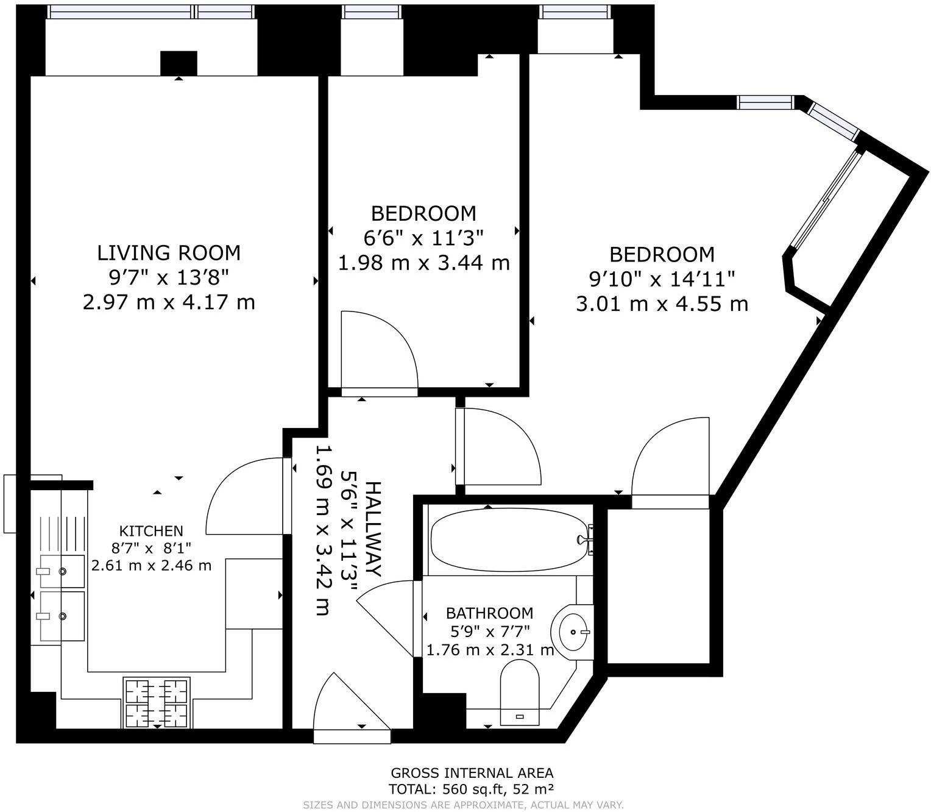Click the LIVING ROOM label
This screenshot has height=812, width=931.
169,253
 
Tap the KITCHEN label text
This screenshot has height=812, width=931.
151,531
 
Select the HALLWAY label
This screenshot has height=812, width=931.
373,529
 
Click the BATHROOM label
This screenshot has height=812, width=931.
489,613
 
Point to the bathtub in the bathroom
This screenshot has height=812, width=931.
509,540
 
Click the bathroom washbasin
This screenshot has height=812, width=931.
572,632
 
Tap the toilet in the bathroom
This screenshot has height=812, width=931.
520,692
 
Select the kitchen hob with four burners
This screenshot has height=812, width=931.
157,702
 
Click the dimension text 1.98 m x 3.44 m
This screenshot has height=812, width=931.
423,263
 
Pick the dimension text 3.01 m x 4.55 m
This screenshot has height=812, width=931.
662,304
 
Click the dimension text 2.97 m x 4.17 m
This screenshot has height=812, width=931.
169,302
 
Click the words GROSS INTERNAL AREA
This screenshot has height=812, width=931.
472,773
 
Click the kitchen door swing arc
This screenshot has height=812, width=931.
223,482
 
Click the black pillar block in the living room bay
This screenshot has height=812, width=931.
179,63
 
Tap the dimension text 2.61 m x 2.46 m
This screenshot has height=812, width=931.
152,565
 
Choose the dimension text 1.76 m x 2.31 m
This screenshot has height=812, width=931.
490,650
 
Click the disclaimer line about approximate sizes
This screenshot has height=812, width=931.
463,805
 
